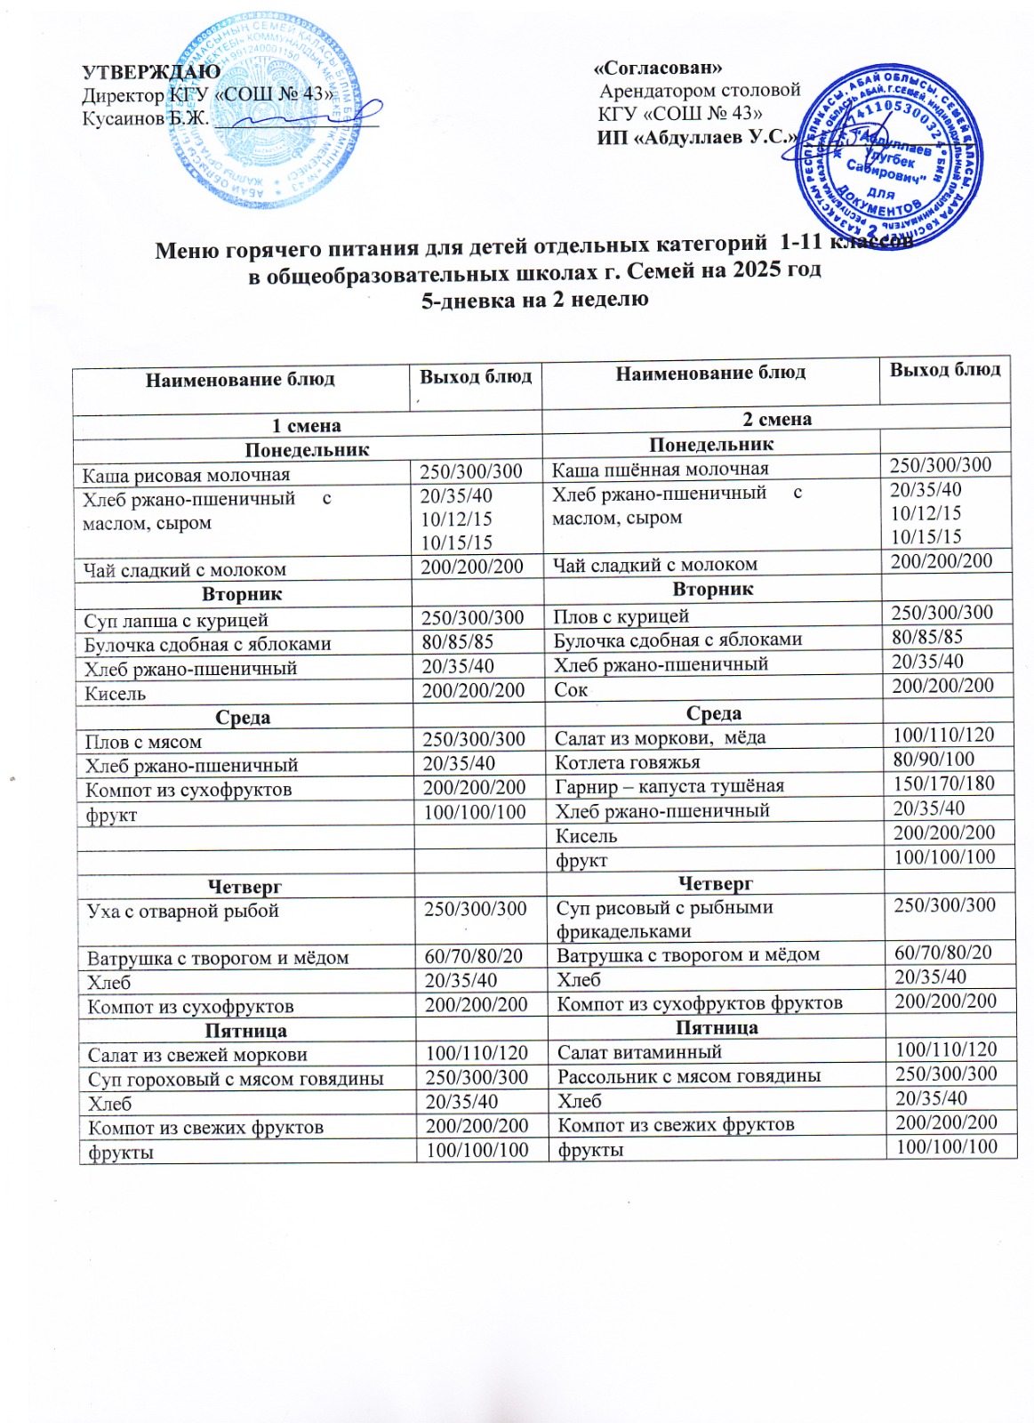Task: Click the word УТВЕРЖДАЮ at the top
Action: [x=151, y=72]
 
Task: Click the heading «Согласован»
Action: [x=657, y=68]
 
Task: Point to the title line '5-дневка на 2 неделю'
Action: [x=534, y=299]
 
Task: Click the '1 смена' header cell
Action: [x=306, y=425]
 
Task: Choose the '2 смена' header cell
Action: [x=776, y=419]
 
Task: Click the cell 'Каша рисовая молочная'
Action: [x=187, y=475]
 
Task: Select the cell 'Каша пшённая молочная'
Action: [x=661, y=469]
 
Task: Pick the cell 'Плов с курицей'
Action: [x=621, y=615]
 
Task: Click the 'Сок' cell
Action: [x=571, y=688]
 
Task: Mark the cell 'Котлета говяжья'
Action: [x=627, y=761]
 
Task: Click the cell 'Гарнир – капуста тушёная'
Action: [x=663, y=786]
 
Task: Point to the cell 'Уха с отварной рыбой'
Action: [x=183, y=911]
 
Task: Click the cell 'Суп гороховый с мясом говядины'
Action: [x=236, y=1079]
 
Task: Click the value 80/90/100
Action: [x=934, y=759]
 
